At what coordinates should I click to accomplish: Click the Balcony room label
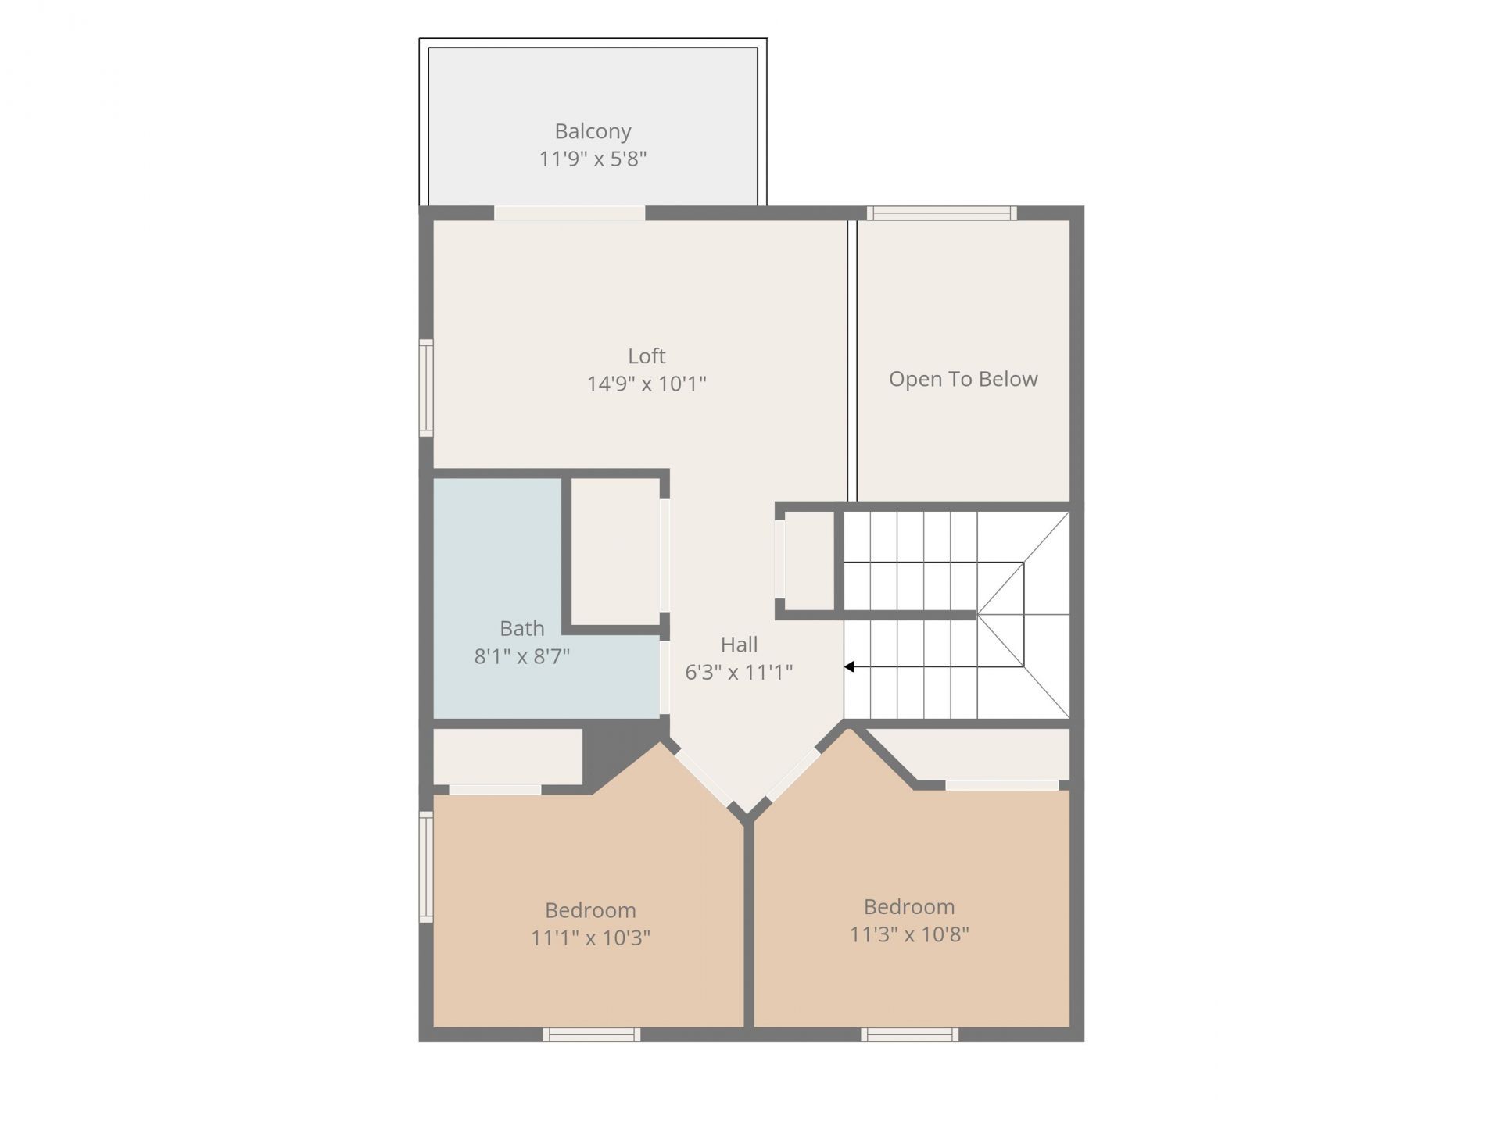[593, 131]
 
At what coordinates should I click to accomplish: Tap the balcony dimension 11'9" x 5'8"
[593, 159]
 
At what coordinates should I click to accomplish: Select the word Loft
[647, 356]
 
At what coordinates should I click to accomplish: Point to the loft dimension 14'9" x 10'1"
[647, 384]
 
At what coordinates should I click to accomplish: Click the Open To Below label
[963, 380]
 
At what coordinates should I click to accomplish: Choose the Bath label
[522, 628]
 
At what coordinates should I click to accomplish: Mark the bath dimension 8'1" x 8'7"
[522, 656]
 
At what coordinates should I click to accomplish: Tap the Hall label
[740, 645]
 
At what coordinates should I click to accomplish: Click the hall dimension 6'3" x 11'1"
[740, 672]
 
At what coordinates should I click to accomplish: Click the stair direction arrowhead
[849, 667]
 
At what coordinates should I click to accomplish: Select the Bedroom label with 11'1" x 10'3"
[590, 910]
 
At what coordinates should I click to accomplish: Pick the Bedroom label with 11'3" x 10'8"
[909, 907]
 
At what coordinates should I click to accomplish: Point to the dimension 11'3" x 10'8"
[909, 934]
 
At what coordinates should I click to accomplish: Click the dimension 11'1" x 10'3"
[590, 937]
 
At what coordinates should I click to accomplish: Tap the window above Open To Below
[942, 213]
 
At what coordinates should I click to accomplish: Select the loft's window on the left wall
[426, 388]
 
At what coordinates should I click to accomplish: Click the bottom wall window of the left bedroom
[592, 1034]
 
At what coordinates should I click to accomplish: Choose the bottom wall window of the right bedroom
[910, 1034]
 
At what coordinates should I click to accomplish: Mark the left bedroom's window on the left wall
[426, 867]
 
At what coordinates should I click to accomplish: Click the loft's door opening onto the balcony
[570, 213]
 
